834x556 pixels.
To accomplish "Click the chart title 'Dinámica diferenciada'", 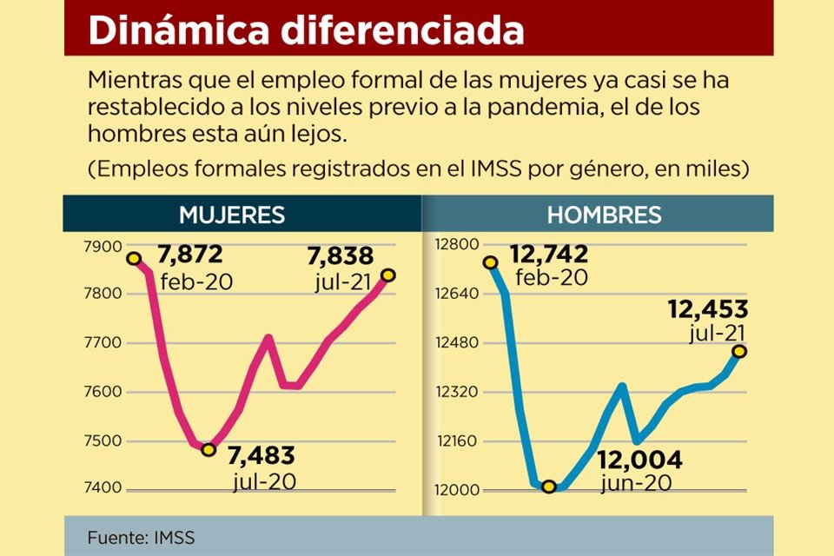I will (x=307, y=31).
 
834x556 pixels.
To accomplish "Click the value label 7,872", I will (x=190, y=255).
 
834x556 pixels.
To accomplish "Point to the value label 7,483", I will (x=261, y=455).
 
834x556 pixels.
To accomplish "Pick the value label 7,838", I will (x=341, y=256).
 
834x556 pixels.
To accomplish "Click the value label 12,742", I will (x=549, y=255).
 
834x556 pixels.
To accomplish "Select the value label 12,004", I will (x=641, y=460).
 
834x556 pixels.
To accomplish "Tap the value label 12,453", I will (x=708, y=310).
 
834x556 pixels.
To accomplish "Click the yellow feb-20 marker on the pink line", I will (x=134, y=259).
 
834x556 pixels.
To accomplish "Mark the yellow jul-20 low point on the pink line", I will (x=208, y=449).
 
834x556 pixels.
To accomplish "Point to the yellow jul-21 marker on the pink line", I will (x=388, y=275).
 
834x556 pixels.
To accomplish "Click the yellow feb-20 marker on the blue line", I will (x=490, y=261).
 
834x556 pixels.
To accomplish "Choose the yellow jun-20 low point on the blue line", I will (x=548, y=486).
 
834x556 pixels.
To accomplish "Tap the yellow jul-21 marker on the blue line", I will (x=739, y=351).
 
